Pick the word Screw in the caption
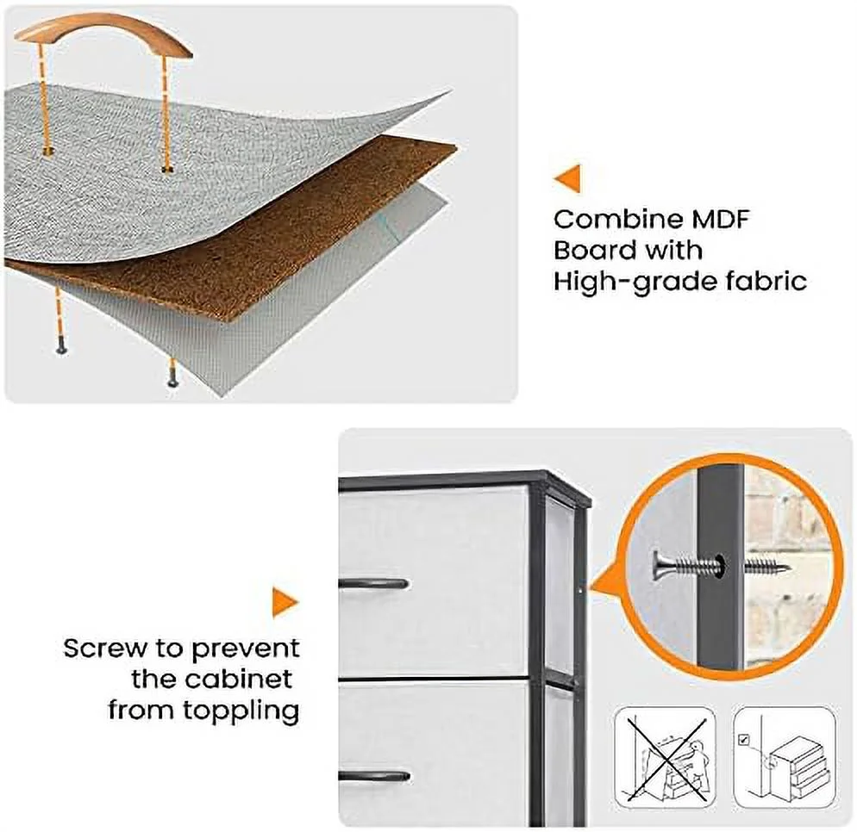click(x=105, y=649)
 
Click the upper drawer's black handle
click(x=373, y=584)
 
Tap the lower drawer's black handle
click(x=374, y=776)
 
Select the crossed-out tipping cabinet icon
click(x=665, y=757)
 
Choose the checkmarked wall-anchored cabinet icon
click(x=785, y=757)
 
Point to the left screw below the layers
click(x=61, y=348)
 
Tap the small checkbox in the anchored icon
click(x=743, y=740)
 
